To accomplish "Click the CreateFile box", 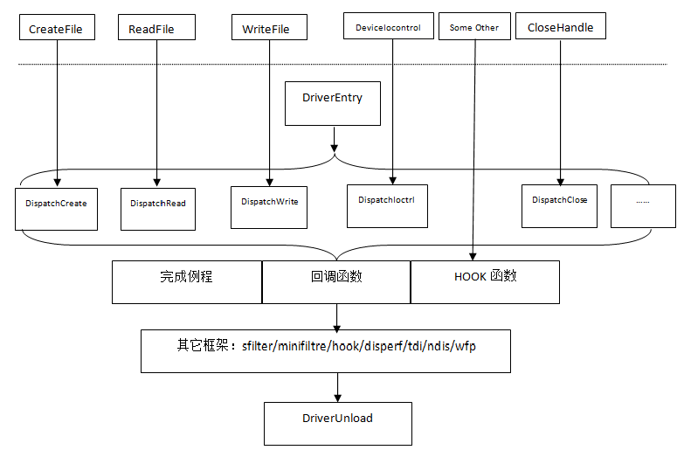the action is point(57,27).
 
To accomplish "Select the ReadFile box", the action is point(156,27).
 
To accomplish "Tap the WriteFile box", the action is point(269,27).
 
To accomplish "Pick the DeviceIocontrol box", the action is point(388,25).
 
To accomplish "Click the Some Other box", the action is point(474,26).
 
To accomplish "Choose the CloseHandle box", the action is point(561,25).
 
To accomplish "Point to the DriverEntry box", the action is point(333,103).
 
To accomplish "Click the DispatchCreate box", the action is point(56,209).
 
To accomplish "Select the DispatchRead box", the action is point(158,209).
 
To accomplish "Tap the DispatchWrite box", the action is point(269,207).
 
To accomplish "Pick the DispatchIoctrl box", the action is point(387,206).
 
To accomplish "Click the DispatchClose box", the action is point(559,206).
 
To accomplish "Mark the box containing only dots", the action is point(643,206).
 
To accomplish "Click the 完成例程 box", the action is point(187,282).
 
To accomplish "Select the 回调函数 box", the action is point(336,282).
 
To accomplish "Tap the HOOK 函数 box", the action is point(485,282).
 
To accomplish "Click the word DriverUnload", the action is point(337,419).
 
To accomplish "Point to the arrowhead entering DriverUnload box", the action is point(338,398).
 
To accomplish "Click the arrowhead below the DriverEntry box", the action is point(335,149).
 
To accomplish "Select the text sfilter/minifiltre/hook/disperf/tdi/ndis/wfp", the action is point(358,346).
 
